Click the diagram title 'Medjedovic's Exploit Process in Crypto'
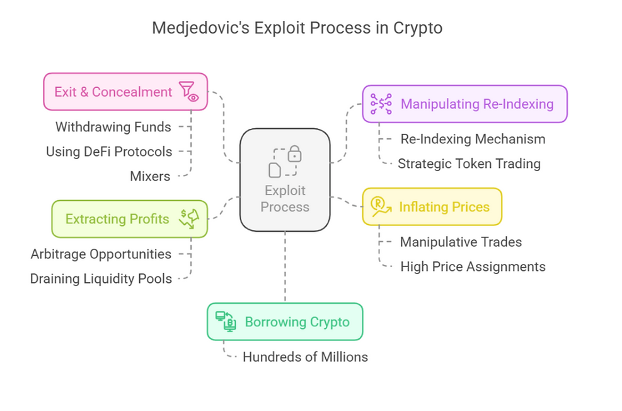pos(297,28)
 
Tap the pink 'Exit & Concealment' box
pos(125,92)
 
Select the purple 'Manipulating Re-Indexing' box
pos(464,104)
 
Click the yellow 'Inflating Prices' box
pos(432,206)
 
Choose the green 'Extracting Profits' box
pos(129,219)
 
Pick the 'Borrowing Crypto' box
pos(285,322)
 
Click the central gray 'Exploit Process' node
pos(285,179)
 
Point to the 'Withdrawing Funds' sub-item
pos(113,127)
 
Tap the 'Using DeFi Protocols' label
pos(108,152)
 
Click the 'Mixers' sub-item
pos(149,176)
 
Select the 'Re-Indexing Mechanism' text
pos(473,139)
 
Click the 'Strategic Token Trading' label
pos(469,164)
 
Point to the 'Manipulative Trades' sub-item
pos(461,242)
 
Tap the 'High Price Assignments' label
pos(473,266)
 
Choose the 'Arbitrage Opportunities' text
pos(101,254)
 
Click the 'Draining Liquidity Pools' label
pos(101,278)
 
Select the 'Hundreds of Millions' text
pos(305,357)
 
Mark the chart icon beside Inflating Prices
pos(380,207)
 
